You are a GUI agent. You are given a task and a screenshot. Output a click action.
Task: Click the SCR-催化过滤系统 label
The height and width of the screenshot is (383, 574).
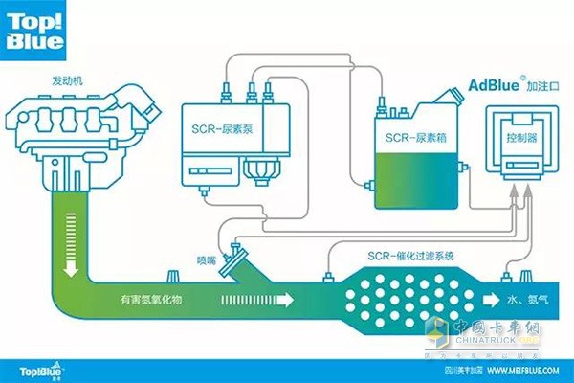click(x=397, y=257)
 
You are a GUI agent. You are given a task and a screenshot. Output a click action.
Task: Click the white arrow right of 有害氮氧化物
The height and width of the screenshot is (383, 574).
click(x=259, y=301)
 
